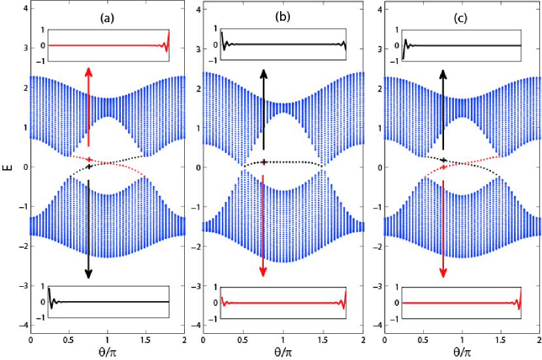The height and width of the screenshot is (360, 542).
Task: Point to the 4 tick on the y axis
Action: (x=24, y=8)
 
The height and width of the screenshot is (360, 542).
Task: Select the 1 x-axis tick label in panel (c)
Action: (x=462, y=341)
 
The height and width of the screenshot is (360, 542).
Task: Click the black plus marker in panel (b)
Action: (x=263, y=161)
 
